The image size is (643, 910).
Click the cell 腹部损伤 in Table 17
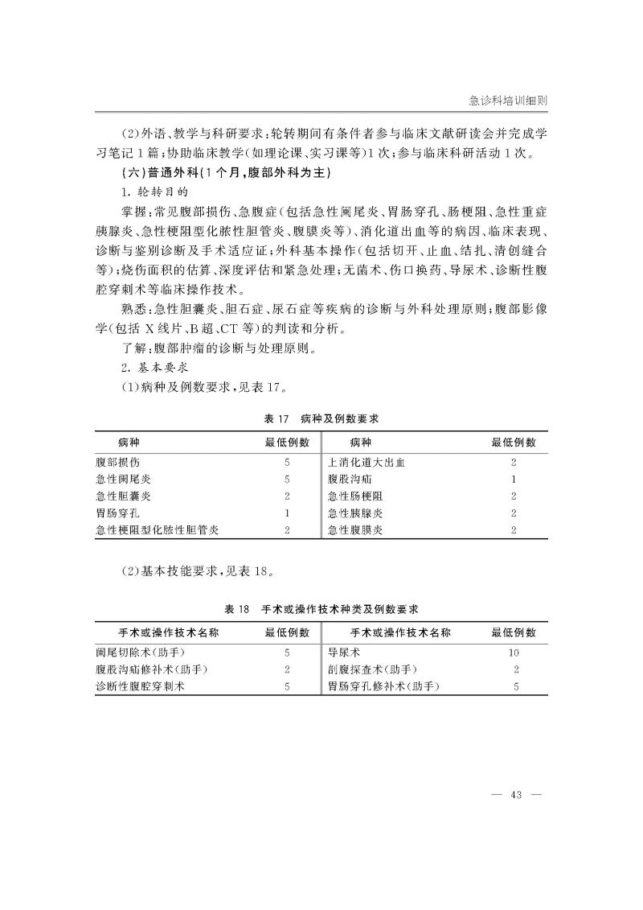(117, 463)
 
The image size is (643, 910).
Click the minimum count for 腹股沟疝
(514, 479)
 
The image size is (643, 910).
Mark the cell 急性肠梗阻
(355, 496)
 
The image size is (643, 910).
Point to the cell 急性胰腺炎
(355, 513)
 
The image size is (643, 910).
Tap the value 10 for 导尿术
(514, 653)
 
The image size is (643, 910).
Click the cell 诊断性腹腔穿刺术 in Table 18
(141, 686)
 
